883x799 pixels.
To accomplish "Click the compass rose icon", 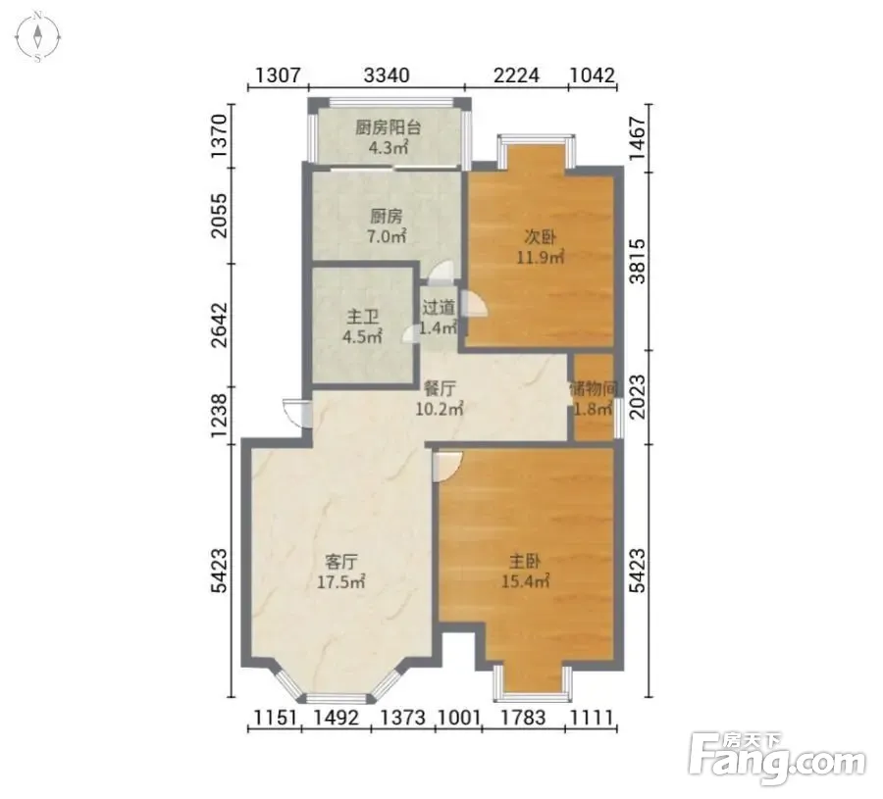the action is point(37,36).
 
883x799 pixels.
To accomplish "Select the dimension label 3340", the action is point(387,75).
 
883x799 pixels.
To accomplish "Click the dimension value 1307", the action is point(279,75).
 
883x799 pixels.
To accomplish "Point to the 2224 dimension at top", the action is point(516,75).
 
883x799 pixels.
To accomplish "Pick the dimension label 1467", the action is point(637,138).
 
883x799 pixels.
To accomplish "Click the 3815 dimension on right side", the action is point(637,261).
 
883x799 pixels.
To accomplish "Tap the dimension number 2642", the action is point(219,325).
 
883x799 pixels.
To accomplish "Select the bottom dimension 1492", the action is point(337,718).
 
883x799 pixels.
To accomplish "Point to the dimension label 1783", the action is point(523,718).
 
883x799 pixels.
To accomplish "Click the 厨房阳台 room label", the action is point(388,127).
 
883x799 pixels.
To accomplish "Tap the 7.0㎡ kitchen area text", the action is point(387,236).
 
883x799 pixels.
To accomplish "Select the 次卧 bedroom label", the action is point(541,237).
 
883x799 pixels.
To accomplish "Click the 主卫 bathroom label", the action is point(363,317).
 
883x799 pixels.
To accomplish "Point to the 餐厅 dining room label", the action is point(440,388).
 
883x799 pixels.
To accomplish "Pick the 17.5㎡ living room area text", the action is point(340,581).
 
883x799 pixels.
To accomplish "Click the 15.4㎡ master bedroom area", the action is point(526,580).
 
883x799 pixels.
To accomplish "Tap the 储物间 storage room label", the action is point(595,388).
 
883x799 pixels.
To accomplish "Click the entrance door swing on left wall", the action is point(295,413).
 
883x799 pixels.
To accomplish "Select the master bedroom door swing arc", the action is point(447,466).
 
